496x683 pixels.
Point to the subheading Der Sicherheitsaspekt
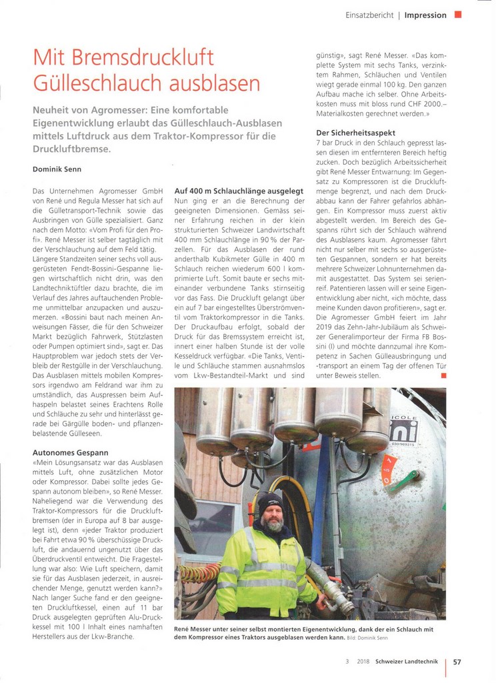[355, 133]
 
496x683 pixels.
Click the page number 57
[457, 662]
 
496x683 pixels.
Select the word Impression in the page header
[425, 15]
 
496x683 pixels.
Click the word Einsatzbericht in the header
[369, 15]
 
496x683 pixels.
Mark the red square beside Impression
[457, 14]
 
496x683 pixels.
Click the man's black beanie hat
[270, 501]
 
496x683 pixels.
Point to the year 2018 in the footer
[363, 662]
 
